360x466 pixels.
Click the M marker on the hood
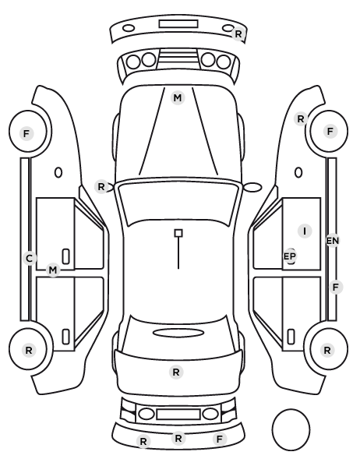pos(178,97)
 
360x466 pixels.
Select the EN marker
pos(333,241)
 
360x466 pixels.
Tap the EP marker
pos(290,256)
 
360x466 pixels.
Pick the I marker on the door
pos(305,231)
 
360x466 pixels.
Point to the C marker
pos(29,258)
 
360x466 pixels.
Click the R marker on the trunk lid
pos(175,372)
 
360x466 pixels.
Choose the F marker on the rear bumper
pos(220,439)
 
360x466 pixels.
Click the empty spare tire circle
pos(291,429)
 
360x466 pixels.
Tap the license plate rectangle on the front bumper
pos(178,24)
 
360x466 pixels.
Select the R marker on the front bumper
pos(238,34)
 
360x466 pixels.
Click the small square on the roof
pos(178,233)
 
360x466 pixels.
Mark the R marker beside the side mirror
pos(101,187)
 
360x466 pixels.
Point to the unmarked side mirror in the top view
pos(252,187)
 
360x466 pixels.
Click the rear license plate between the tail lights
pos(178,414)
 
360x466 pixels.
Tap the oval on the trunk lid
pos(178,333)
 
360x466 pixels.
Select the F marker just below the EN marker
pos(336,287)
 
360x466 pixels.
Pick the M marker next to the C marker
pos(53,270)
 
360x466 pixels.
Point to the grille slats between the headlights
pos(178,58)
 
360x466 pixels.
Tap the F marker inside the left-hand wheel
pos(26,133)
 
